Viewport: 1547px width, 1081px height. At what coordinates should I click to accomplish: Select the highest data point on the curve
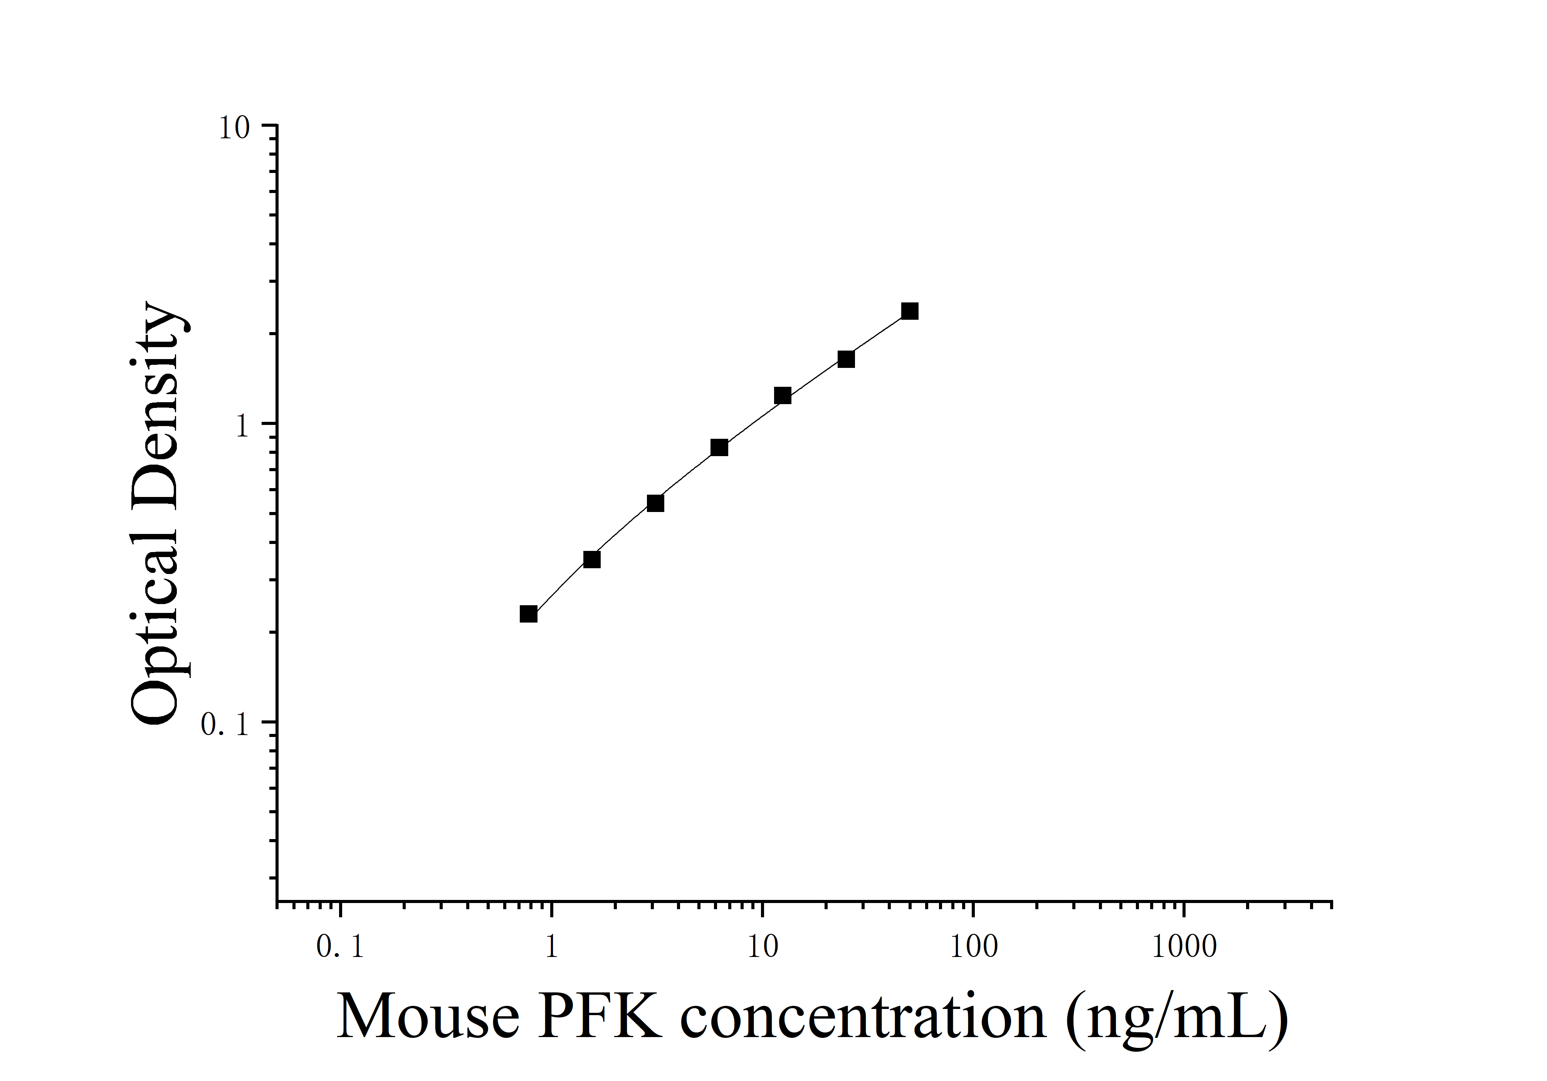910,311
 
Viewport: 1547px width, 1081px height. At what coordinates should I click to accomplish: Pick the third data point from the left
655,503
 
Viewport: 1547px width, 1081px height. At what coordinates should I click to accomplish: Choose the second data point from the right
846,359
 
